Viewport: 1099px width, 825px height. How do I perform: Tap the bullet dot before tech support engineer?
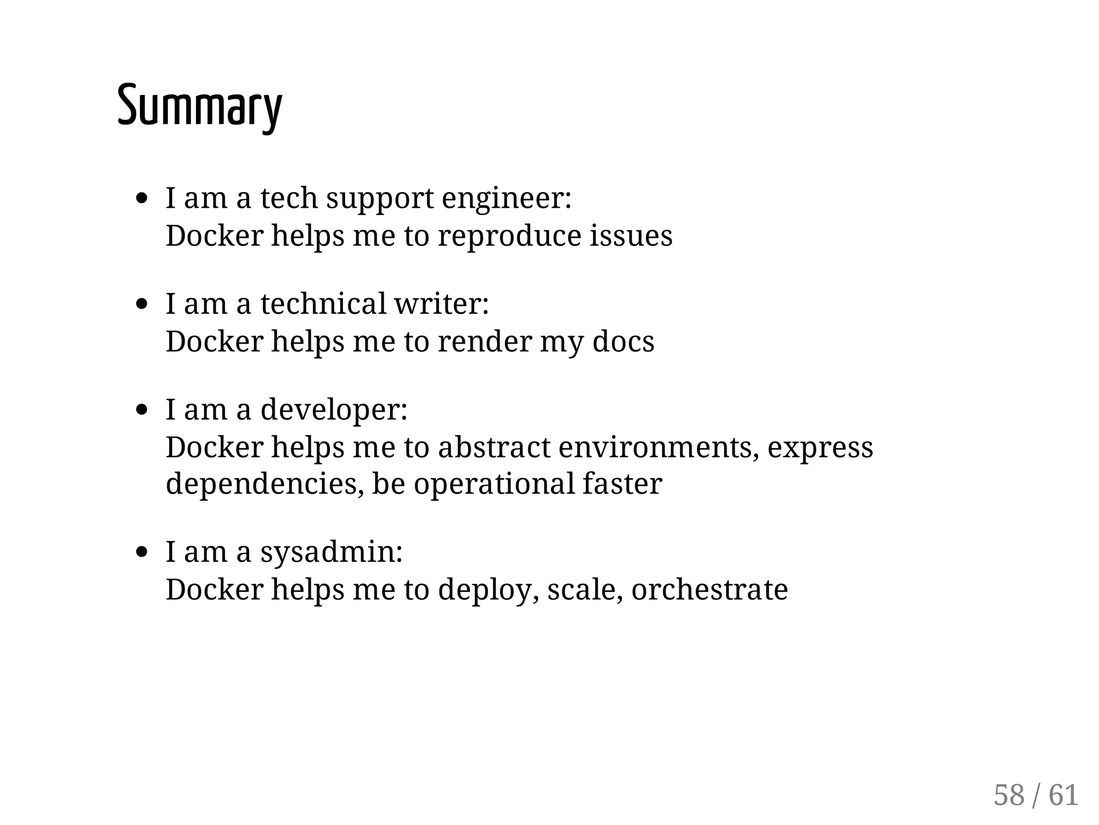point(142,199)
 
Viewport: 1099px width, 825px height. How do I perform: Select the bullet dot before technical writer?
point(142,304)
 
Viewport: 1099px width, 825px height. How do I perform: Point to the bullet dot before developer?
point(142,410)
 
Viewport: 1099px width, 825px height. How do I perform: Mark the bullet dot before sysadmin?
point(142,552)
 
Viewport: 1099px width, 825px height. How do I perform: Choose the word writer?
point(441,303)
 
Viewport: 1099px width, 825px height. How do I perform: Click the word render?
point(484,341)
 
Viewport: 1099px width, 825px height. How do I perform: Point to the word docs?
point(623,341)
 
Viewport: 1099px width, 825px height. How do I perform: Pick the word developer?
point(333,410)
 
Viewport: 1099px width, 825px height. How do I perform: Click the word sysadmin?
point(331,552)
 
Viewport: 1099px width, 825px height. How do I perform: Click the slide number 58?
point(1009,795)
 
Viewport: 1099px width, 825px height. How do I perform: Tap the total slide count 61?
point(1064,795)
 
